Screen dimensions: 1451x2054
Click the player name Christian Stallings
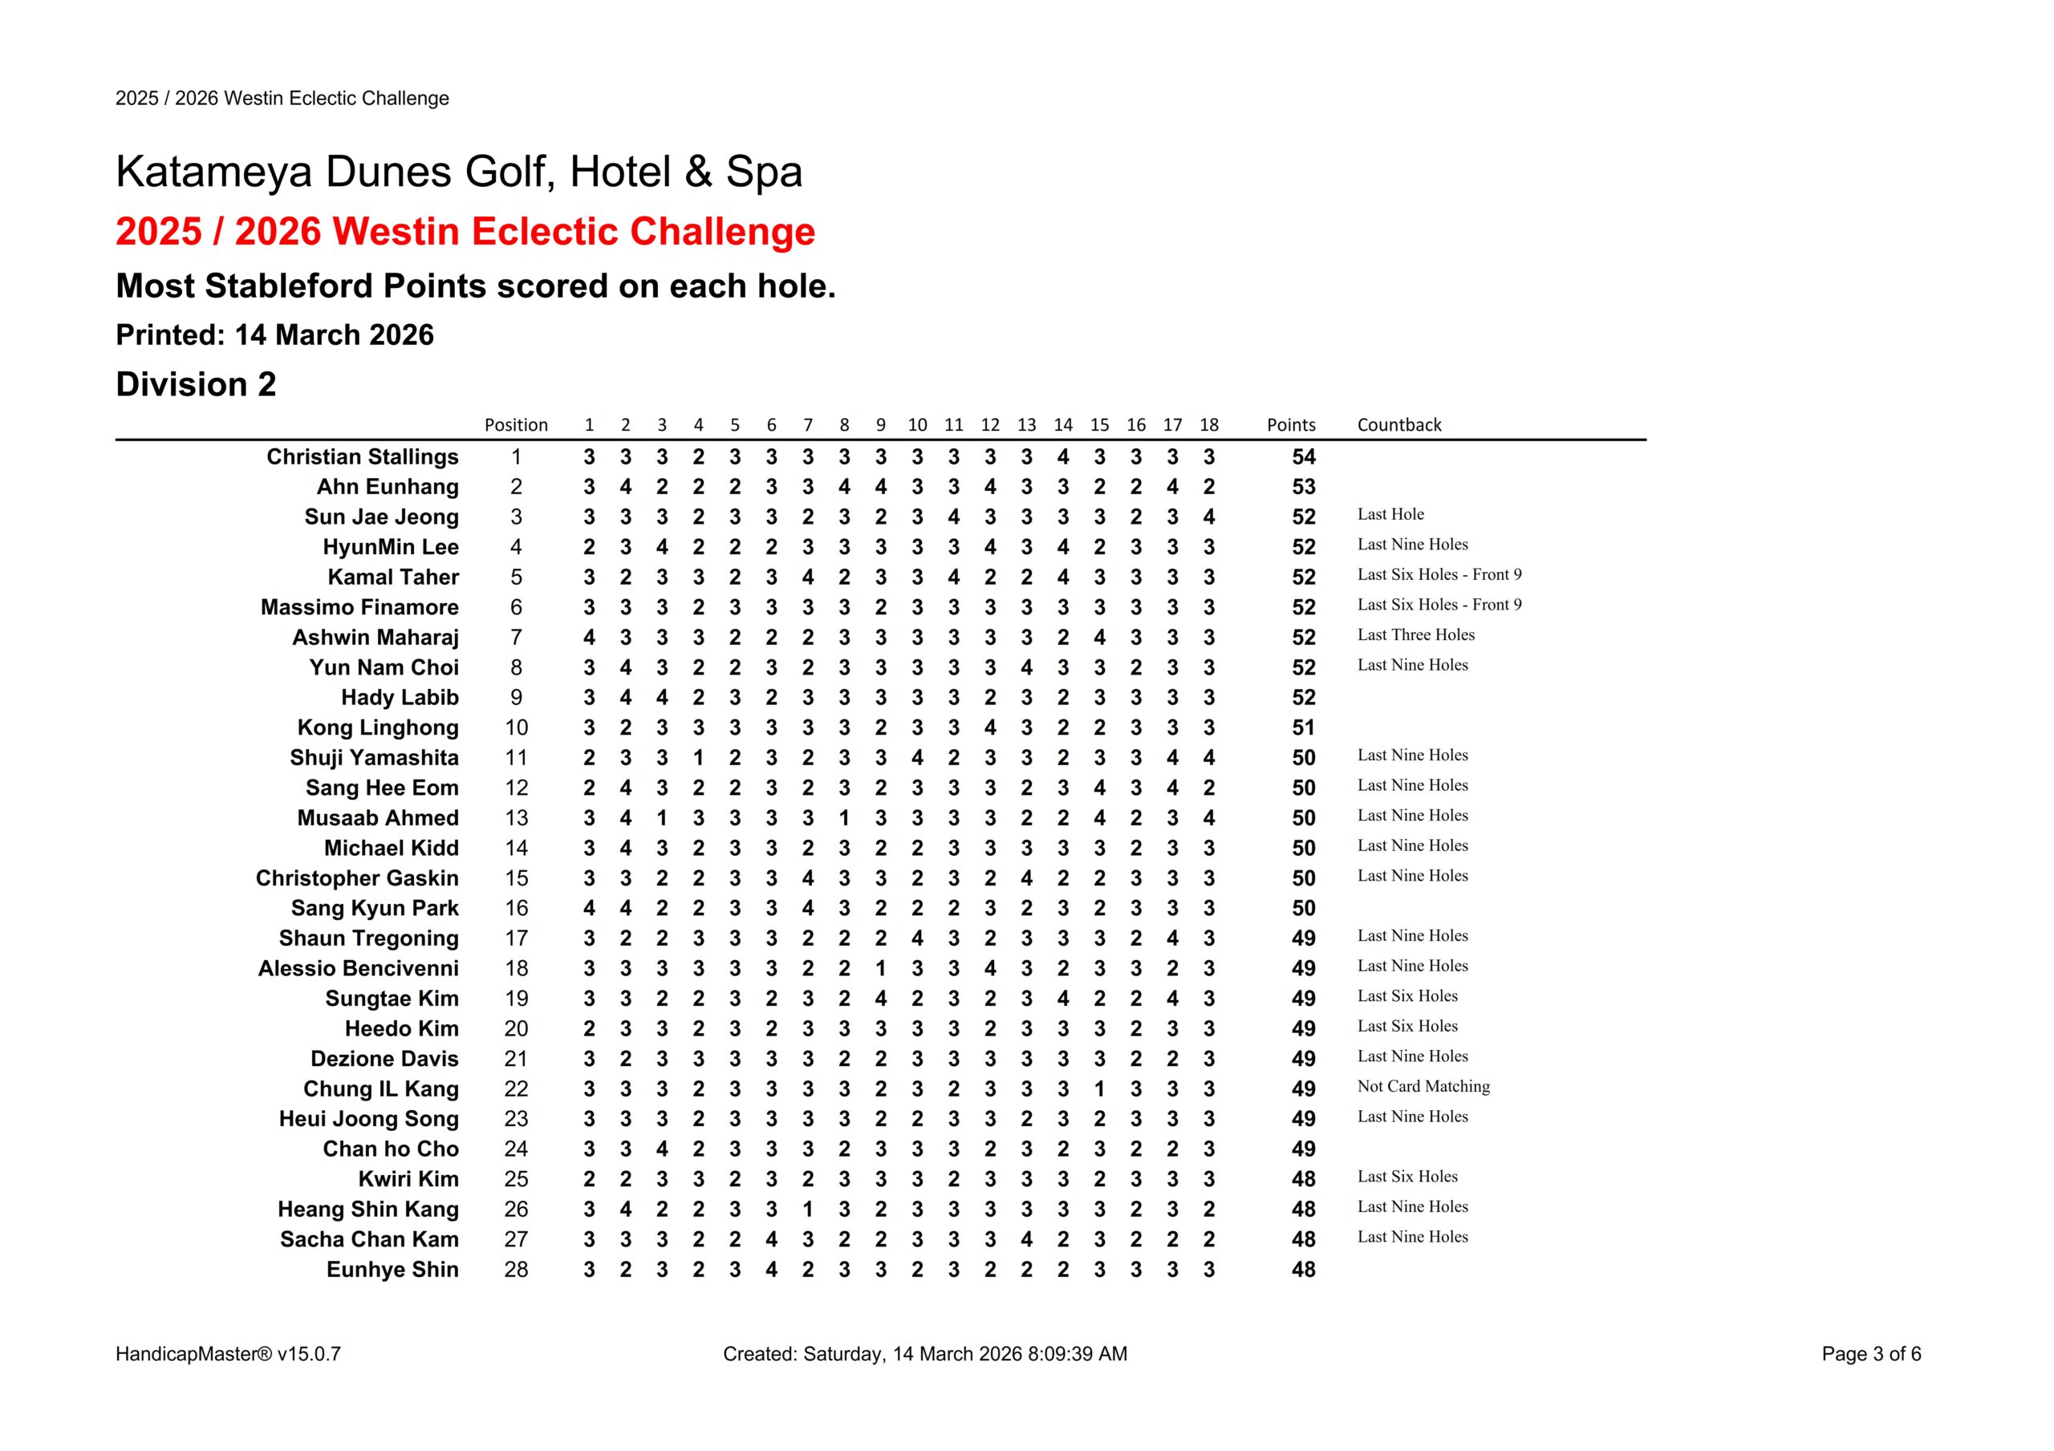[363, 457]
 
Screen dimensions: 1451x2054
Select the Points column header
[1290, 425]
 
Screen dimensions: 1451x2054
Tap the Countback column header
[1398, 425]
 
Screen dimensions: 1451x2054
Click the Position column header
[515, 425]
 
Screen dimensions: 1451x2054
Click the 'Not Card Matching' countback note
[1423, 1087]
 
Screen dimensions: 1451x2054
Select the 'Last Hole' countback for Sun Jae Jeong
[1390, 514]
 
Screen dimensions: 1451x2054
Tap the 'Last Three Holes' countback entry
[1415, 635]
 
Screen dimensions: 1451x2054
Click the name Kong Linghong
[378, 728]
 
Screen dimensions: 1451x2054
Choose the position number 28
[516, 1270]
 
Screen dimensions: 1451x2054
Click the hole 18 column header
[1208, 425]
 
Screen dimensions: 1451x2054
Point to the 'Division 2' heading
[196, 385]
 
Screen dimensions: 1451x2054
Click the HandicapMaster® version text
[228, 1355]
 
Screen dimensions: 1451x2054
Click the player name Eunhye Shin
[392, 1270]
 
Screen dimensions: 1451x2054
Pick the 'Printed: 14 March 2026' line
[274, 335]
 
